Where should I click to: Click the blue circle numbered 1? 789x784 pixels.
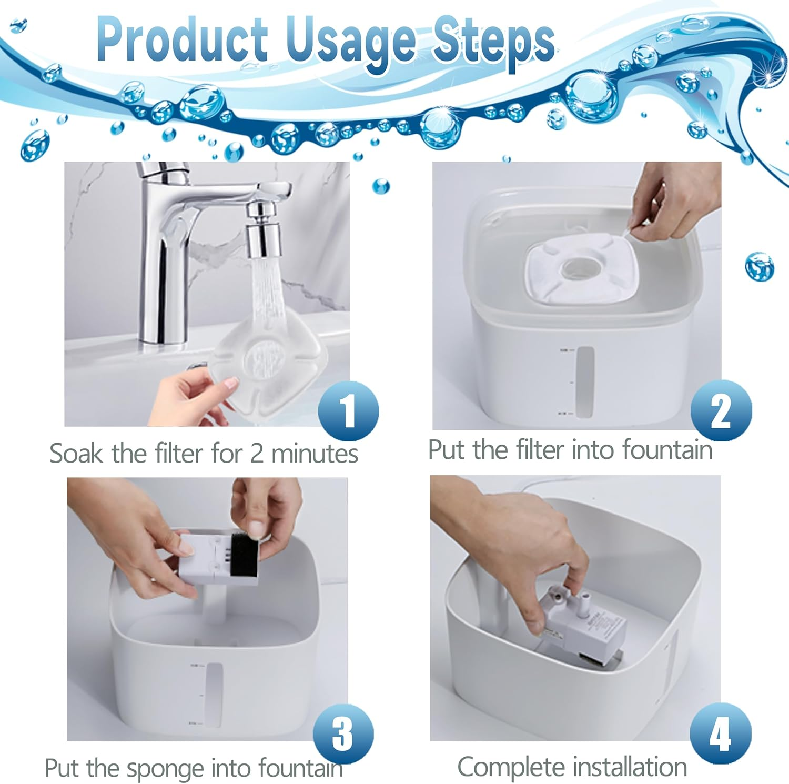(348, 410)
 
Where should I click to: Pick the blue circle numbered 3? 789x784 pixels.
(343, 733)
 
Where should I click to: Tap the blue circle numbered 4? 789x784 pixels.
(720, 733)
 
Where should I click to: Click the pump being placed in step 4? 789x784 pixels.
(584, 626)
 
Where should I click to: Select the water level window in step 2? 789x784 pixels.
(584, 381)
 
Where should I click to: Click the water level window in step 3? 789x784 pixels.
(214, 695)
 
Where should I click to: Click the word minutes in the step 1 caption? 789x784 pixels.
(314, 454)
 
